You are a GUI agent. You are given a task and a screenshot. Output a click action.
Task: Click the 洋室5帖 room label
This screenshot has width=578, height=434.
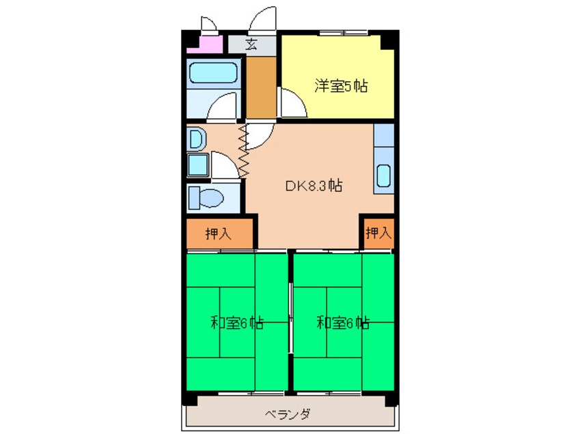pos(341,86)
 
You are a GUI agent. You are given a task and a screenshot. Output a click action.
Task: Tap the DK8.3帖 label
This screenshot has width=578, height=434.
pos(314,185)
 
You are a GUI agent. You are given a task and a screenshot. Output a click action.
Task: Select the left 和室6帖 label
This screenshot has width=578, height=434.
pos(236,323)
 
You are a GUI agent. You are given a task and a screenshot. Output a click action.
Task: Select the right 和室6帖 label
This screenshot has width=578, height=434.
pos(343,323)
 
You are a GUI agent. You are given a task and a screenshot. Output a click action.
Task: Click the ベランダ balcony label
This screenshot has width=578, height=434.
pos(288,414)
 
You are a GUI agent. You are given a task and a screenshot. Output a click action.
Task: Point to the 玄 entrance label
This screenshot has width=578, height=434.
pos(251,44)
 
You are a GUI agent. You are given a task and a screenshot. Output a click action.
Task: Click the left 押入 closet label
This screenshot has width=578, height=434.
pos(218,233)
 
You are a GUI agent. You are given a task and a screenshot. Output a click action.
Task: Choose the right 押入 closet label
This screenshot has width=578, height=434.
pos(379,232)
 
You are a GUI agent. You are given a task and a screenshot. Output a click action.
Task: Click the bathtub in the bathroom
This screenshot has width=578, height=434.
pos(213,72)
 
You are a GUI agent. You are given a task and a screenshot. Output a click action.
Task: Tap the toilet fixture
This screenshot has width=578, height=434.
pos(206,198)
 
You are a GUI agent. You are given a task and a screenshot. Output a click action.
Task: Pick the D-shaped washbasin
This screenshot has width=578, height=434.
pos(197,139)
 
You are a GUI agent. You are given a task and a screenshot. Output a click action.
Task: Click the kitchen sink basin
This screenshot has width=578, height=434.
pos(383,175)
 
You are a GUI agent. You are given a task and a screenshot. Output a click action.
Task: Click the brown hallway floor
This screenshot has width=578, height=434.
pos(261,87)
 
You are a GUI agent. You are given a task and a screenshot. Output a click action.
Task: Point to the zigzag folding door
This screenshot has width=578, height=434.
pos(243,151)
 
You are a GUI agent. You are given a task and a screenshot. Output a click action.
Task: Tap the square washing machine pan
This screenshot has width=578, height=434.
pos(198,165)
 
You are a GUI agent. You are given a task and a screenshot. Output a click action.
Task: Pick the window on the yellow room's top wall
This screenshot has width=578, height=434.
pos(344,33)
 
